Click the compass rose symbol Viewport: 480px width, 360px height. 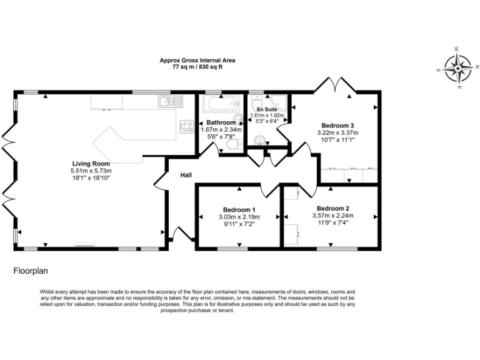click(x=459, y=67)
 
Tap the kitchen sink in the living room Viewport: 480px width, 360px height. click(x=169, y=101)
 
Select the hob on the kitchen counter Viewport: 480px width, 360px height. click(x=186, y=126)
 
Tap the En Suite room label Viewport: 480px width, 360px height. click(x=267, y=109)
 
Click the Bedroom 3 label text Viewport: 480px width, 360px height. click(x=338, y=125)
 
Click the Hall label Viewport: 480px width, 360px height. click(x=186, y=175)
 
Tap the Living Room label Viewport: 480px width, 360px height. click(x=90, y=163)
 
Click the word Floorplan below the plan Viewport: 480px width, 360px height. click(x=31, y=272)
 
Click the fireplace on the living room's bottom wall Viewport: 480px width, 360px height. click(x=84, y=244)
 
